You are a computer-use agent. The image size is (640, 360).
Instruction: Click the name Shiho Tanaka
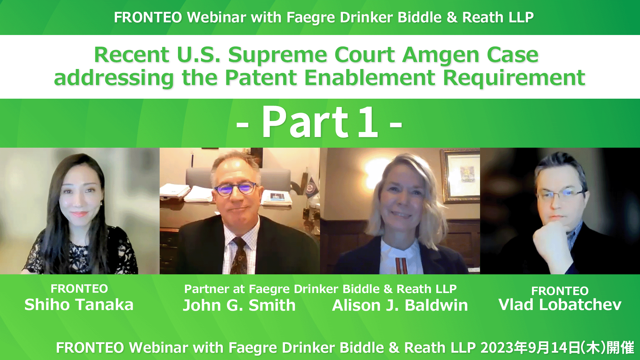point(79,305)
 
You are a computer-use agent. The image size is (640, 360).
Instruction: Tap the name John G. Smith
point(239,305)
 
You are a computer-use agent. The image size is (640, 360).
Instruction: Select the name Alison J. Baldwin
point(400,305)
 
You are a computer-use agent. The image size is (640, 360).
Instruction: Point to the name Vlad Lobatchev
point(560,305)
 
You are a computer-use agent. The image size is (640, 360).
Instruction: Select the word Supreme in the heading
point(277,55)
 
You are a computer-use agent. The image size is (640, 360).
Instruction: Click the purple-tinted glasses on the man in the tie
point(235,189)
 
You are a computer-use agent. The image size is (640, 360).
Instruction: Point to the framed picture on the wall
point(460,175)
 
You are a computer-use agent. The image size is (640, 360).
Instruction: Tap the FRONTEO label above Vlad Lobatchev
point(560,291)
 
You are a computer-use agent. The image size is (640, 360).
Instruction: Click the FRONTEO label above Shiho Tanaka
point(79,289)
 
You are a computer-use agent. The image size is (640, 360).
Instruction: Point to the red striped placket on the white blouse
point(401,266)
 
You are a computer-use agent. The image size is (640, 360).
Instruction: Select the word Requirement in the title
point(514,78)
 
